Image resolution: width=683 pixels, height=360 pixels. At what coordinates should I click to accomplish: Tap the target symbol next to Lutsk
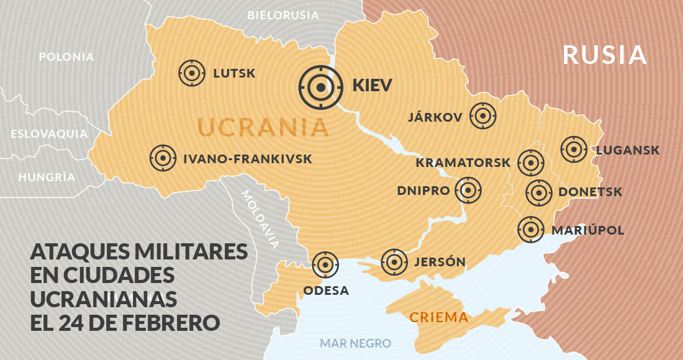192,73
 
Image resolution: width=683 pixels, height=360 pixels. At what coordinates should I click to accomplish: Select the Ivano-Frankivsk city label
248,160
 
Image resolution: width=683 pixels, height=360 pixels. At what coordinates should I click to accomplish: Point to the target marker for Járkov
483,116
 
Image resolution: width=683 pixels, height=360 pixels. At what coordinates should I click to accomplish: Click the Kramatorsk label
463,163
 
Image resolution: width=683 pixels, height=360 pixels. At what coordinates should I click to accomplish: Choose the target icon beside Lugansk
574,149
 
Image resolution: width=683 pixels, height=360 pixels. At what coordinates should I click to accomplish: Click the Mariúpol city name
587,230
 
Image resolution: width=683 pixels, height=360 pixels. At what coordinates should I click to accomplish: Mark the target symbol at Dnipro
468,191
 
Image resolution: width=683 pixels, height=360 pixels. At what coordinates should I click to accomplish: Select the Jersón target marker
394,262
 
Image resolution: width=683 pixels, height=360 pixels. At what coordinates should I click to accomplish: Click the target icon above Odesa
325,265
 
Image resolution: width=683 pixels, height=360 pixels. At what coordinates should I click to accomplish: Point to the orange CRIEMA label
438,318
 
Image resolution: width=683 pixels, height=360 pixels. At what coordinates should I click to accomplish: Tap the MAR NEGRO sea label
355,343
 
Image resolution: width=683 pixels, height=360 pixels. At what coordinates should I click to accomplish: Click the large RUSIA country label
605,55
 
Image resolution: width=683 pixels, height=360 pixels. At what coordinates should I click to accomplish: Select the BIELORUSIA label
283,15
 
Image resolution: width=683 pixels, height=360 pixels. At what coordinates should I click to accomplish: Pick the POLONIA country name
66,57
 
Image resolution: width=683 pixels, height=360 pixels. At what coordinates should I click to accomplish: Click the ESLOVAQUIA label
49,133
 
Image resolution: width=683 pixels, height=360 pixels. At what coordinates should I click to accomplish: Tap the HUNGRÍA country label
47,177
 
